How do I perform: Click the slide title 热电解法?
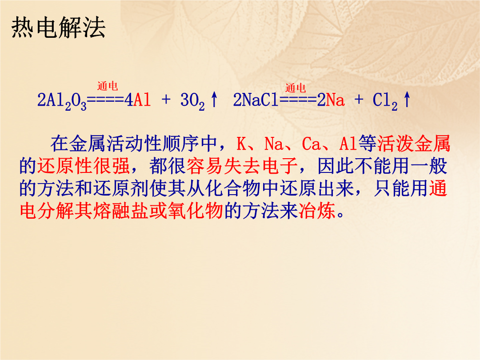58,28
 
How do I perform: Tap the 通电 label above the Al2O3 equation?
108,86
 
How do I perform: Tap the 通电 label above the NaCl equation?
296,88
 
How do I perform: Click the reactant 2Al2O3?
62,101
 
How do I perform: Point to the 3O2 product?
192,101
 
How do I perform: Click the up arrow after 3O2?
214,100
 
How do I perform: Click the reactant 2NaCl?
256,100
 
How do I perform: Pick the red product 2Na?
331,100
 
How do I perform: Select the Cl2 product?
385,101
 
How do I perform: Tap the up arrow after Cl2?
407,100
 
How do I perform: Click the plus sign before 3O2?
166,100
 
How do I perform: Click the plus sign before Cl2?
359,100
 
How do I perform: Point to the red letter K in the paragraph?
241,144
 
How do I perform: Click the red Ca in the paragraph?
311,144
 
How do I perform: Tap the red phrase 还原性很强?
83,166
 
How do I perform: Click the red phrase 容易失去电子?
242,166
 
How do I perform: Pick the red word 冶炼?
317,211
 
